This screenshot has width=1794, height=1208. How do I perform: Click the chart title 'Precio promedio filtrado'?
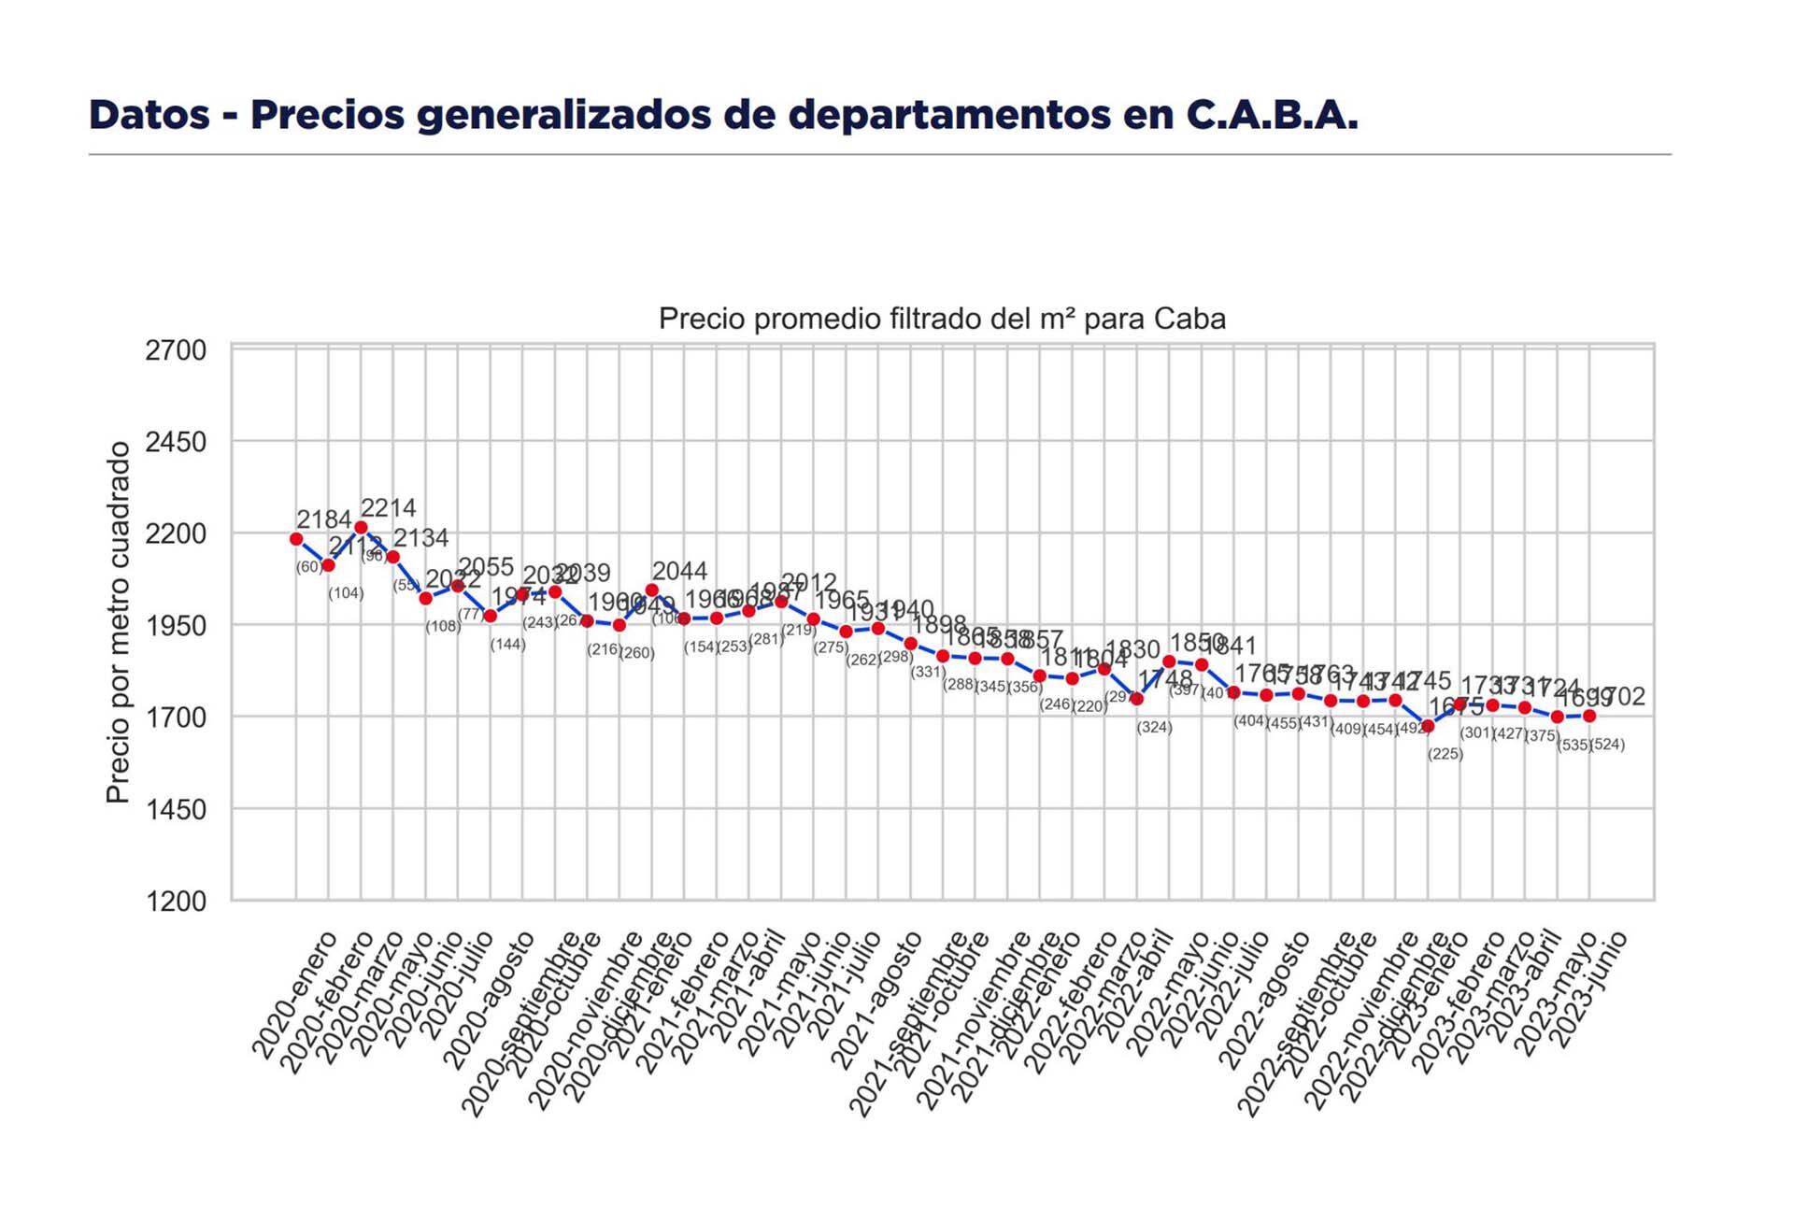pos(941,320)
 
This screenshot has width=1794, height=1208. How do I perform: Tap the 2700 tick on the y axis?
pos(176,351)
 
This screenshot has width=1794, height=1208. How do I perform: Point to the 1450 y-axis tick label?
pos(176,809)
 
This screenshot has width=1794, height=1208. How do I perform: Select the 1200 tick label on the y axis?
pos(176,902)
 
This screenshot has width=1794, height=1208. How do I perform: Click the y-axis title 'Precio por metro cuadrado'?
pos(118,622)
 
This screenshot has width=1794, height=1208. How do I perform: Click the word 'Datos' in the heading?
pos(149,115)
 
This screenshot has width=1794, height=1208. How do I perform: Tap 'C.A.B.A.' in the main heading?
pos(1272,115)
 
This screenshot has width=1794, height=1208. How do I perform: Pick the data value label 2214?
pos(388,508)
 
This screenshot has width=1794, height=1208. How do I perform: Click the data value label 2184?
pos(323,519)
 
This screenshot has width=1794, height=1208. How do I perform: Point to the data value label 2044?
pos(679,571)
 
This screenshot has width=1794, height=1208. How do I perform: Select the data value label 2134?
pos(420,538)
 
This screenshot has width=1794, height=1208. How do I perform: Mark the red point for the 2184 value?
pos(296,539)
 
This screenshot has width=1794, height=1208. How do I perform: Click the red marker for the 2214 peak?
pos(361,528)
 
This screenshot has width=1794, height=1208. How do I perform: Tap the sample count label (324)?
pos(1154,728)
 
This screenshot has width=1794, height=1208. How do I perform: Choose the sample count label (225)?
pos(1445,754)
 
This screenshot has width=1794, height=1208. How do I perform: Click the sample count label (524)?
pos(1608,745)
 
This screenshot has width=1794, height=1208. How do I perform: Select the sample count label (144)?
pos(507,645)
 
